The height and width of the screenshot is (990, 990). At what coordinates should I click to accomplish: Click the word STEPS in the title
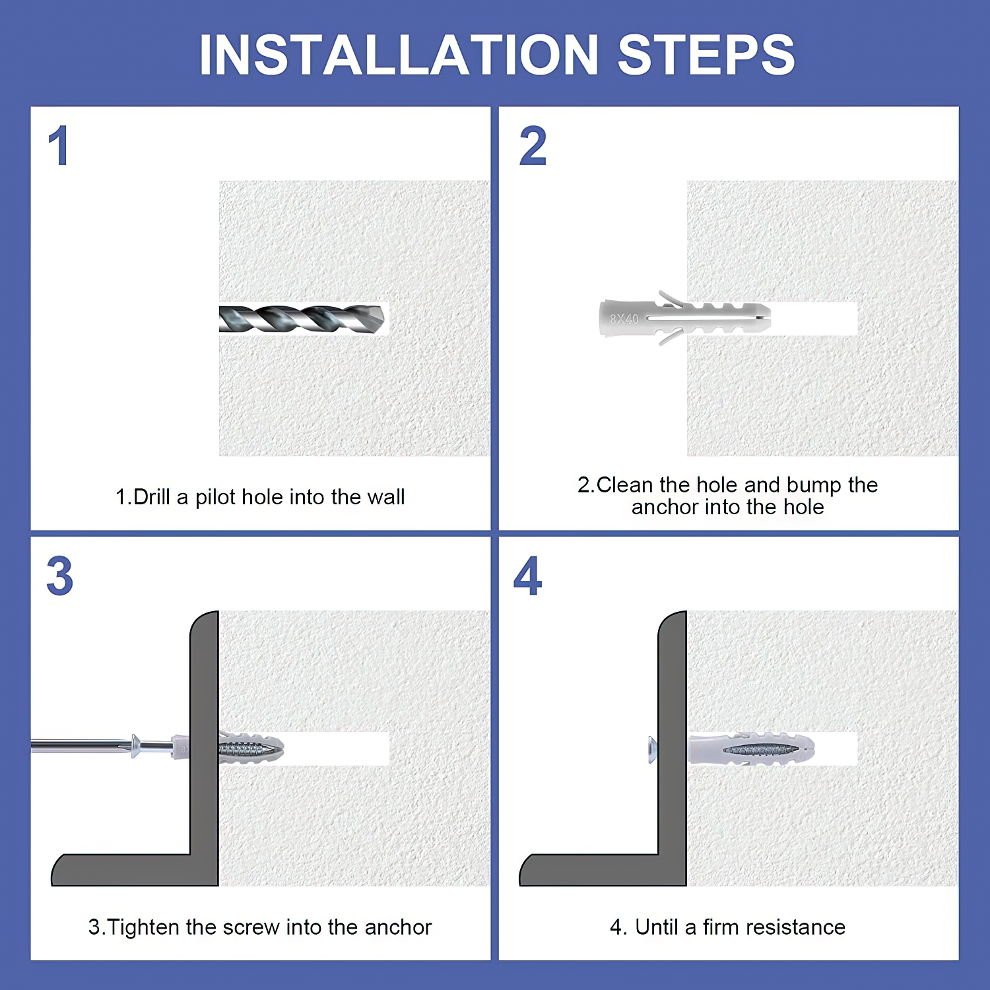point(706,55)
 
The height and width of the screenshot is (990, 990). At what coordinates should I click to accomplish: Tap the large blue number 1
point(59,146)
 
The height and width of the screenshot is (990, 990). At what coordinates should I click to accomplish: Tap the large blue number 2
point(533,146)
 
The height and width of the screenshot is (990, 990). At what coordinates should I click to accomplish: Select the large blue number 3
point(59,576)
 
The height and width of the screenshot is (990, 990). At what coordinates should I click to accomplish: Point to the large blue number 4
point(528,576)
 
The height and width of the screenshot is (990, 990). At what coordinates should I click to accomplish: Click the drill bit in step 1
point(302,319)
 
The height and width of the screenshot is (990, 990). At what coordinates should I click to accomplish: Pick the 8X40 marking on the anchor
point(624,319)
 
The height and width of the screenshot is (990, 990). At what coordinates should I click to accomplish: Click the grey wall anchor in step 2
point(685,318)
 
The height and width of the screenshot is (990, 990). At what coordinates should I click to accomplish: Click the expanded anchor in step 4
point(751,749)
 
